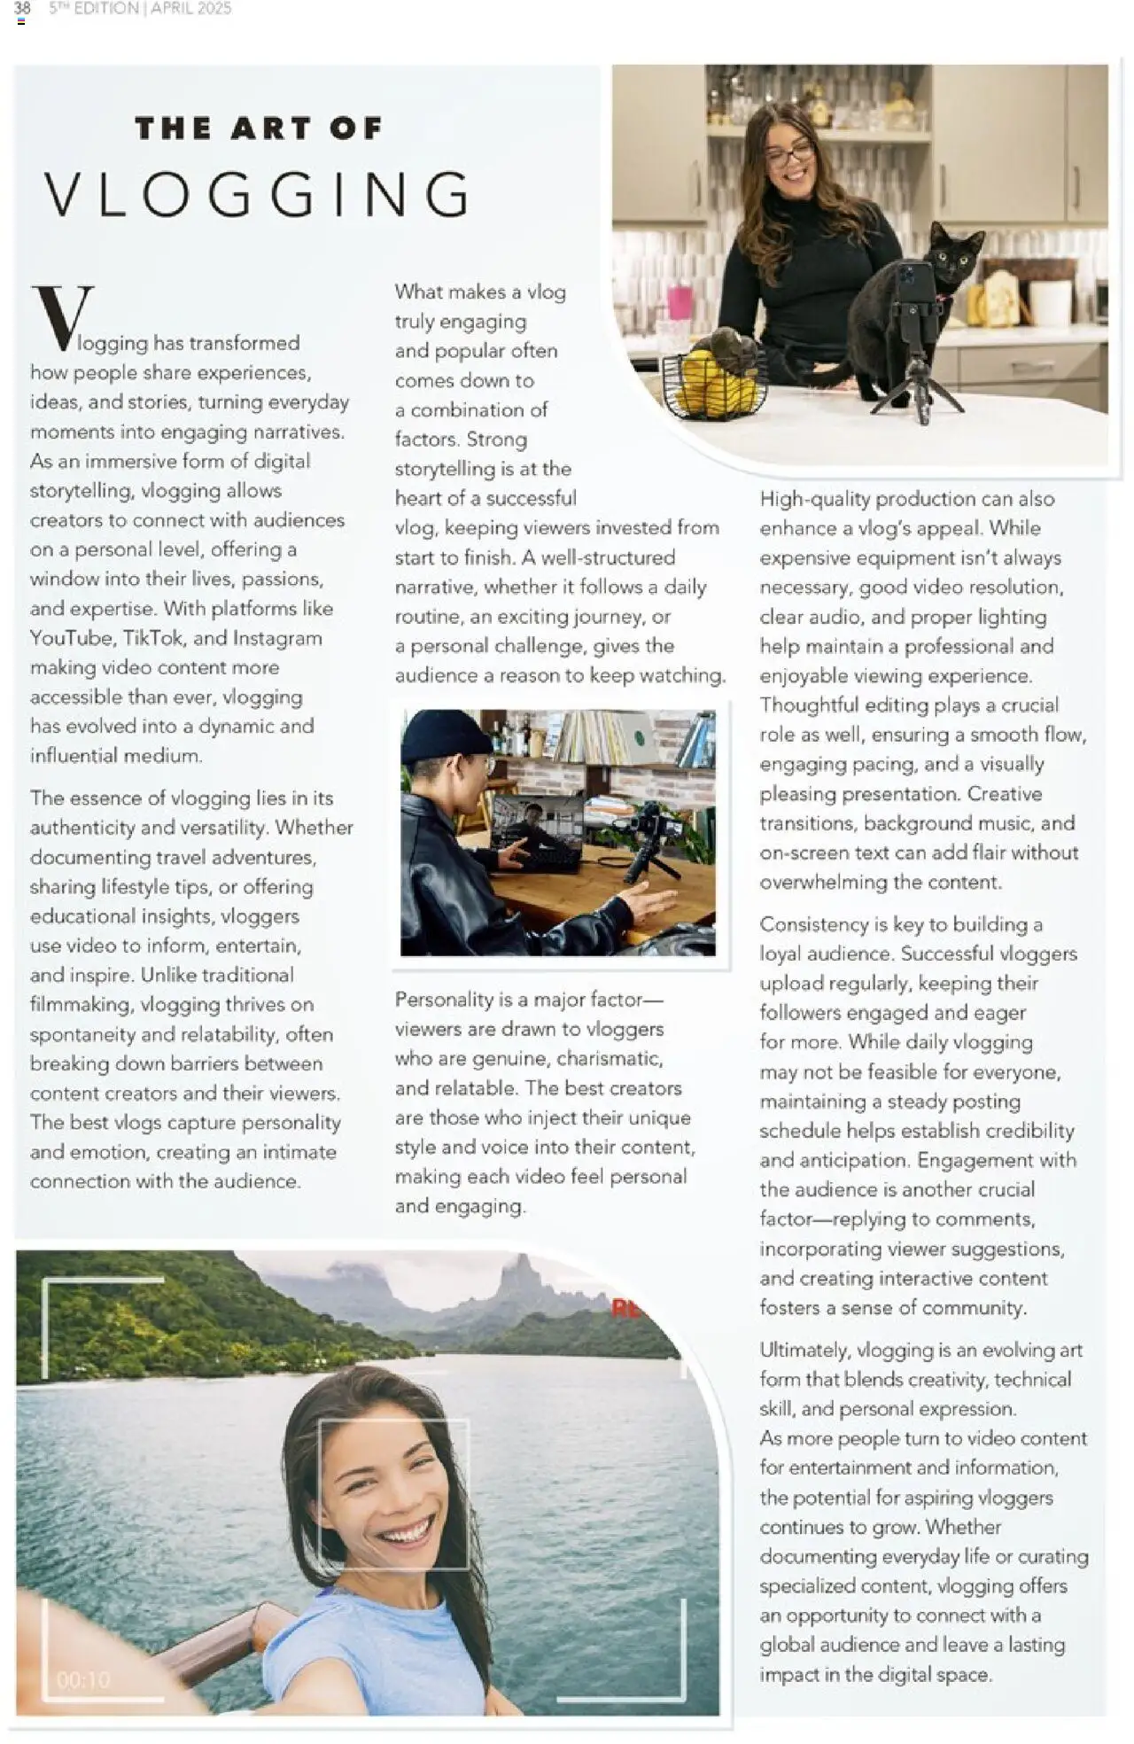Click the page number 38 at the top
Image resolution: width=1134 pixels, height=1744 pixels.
pos(22,8)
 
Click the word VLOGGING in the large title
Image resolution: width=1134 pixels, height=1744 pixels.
pos(257,195)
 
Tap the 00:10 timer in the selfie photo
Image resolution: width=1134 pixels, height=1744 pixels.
pos(83,1680)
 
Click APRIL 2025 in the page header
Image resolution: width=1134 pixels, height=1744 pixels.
pos(190,8)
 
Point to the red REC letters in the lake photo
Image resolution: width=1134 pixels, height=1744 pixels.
pos(625,1308)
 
